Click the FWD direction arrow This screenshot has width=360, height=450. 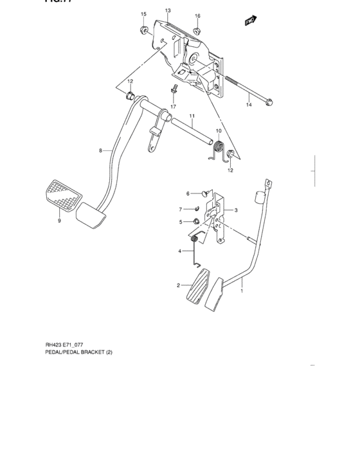tap(251, 22)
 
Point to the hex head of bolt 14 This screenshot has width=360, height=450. tap(270, 101)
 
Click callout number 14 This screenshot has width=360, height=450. tap(249, 104)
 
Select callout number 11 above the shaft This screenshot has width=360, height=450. tap(192, 115)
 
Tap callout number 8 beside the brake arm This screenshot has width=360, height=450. tap(101, 150)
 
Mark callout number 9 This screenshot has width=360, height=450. tap(59, 221)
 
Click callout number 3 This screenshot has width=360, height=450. tap(236, 210)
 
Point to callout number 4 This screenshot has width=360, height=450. tap(181, 251)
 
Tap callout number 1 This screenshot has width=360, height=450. tap(242, 291)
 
